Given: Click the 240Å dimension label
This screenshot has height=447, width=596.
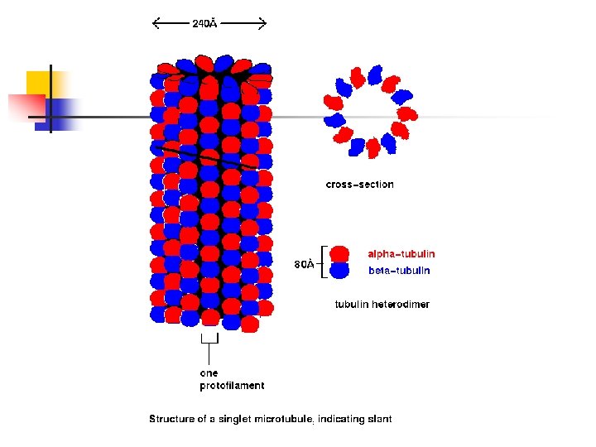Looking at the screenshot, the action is point(204,24).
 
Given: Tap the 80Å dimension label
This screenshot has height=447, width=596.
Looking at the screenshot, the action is point(304,265).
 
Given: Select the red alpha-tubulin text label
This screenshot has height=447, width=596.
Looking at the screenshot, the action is point(401,254).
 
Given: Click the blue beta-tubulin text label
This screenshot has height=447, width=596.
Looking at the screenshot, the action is point(399,271).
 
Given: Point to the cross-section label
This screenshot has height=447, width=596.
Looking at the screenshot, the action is point(359,185).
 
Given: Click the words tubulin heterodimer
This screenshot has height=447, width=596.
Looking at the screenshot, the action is point(382,305).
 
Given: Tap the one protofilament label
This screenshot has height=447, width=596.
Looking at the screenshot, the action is point(232,379).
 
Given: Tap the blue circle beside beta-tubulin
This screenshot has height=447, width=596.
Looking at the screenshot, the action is point(339,271).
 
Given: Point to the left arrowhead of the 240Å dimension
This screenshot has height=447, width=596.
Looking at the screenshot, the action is point(156,24).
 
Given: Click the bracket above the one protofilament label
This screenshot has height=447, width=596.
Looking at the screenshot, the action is point(209,339).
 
